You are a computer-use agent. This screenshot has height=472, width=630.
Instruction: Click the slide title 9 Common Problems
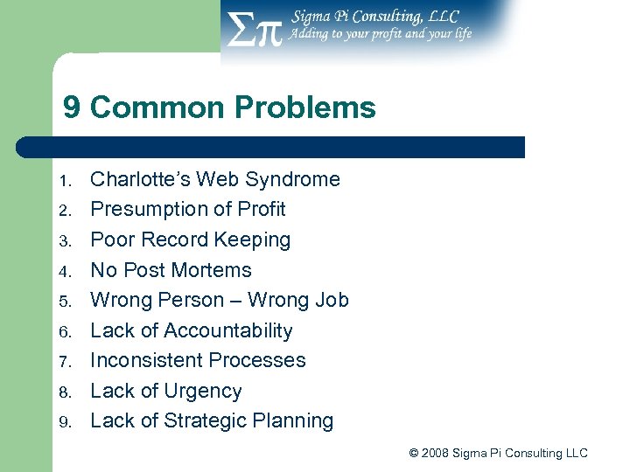[219, 108]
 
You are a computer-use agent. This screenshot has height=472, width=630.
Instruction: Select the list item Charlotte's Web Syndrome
[215, 179]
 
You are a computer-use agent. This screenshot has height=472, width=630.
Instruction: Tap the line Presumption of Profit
[188, 209]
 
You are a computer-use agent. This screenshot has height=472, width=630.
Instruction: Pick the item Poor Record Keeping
[190, 239]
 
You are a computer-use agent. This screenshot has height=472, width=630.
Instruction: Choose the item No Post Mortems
[171, 270]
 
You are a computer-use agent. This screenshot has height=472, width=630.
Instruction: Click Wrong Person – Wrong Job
[220, 300]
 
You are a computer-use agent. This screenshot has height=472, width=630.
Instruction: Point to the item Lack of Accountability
[192, 330]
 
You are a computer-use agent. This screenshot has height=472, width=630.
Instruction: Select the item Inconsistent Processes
[198, 360]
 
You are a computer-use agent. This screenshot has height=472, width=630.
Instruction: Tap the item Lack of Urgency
[166, 391]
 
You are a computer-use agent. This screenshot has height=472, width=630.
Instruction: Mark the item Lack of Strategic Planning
[212, 420]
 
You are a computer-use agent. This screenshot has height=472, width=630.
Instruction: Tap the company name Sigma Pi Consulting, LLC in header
[374, 16]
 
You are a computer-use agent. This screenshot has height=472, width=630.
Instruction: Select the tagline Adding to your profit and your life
[381, 34]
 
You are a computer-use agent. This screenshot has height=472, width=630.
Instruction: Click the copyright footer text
[498, 453]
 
